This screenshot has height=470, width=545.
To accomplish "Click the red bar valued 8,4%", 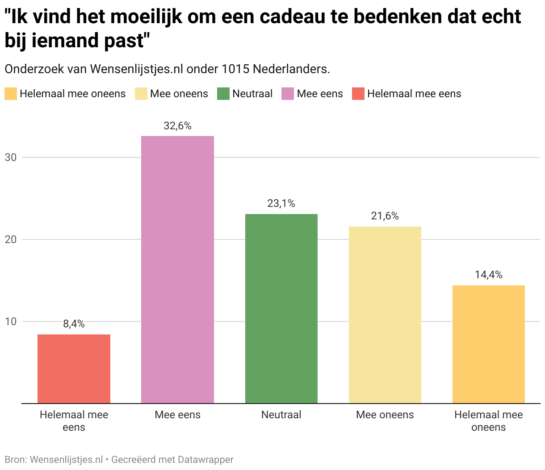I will (74, 369).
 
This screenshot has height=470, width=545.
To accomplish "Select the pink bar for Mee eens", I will (177, 269).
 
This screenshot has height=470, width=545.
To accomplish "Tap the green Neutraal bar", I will (281, 309).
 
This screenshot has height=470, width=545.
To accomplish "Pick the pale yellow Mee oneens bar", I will (385, 315).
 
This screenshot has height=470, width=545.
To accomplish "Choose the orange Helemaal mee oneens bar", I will (488, 344).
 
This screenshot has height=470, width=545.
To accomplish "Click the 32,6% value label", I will (177, 126).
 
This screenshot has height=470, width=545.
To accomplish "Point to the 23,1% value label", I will (281, 203).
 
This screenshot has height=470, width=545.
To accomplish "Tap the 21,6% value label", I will (385, 216).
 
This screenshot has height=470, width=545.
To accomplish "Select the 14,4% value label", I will (488, 275).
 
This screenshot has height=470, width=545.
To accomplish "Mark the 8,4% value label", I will (74, 324).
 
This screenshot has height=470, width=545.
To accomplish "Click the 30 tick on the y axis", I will (11, 157).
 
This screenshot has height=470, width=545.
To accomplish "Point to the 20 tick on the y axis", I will (11, 239).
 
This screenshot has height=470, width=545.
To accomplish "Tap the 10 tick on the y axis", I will (11, 322).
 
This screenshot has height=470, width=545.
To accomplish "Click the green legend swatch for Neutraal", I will (223, 94).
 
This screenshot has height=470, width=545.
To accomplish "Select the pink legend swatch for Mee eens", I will (288, 94).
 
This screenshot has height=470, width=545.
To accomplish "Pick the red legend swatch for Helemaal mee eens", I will (358, 94).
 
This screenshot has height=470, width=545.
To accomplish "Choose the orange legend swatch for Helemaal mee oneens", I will (11, 94).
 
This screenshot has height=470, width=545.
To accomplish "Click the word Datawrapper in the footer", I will (205, 459).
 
